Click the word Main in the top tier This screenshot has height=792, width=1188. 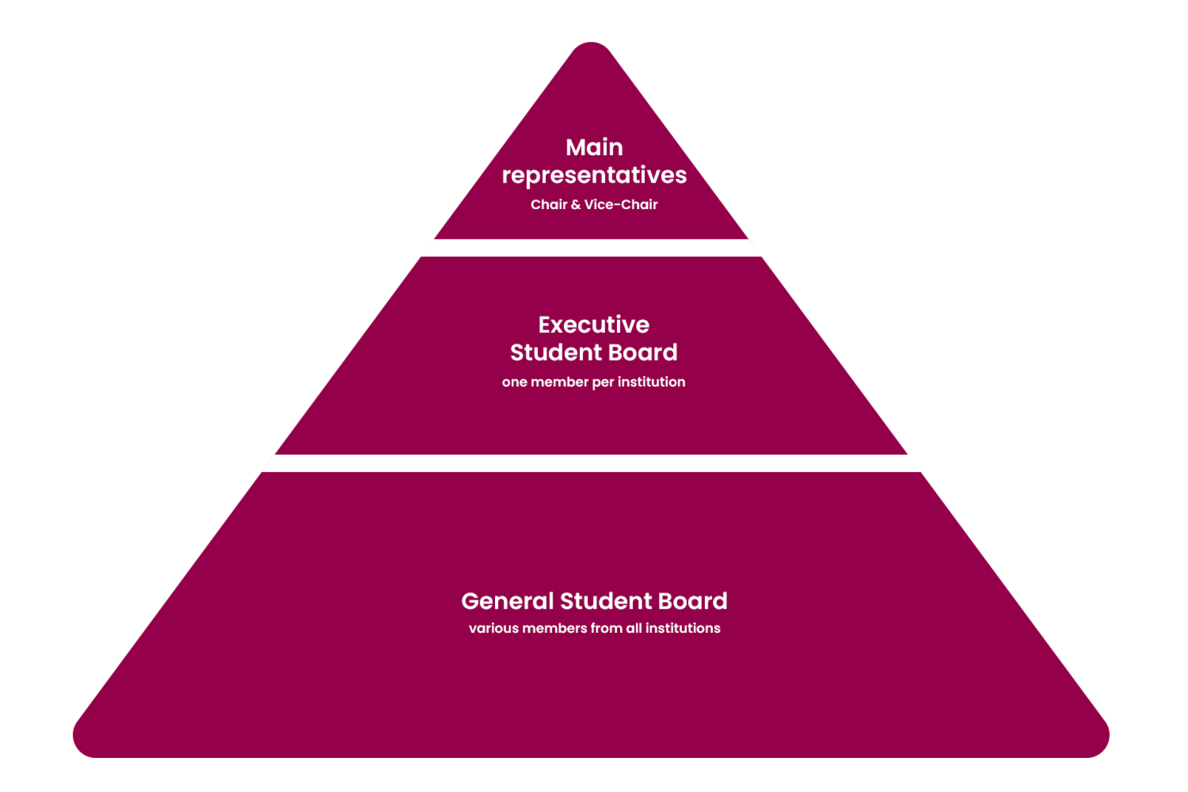pos(594,147)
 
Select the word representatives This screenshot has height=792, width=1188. pos(594,175)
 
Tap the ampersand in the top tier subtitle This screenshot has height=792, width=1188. pos(575,205)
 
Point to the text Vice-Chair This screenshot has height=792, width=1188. pos(621,205)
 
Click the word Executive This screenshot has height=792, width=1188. pos(594,325)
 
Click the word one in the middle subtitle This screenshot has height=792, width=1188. pos(514,382)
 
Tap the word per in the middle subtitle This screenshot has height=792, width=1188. pos(603,383)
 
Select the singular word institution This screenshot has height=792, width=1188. pos(651,382)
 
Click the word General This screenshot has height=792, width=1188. pos(507,601)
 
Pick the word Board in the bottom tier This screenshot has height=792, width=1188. pos(692,601)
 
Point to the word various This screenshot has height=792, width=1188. pos(494,629)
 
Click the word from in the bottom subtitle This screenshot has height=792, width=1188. pos(606,629)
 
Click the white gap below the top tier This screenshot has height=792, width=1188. pos(592,247)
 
